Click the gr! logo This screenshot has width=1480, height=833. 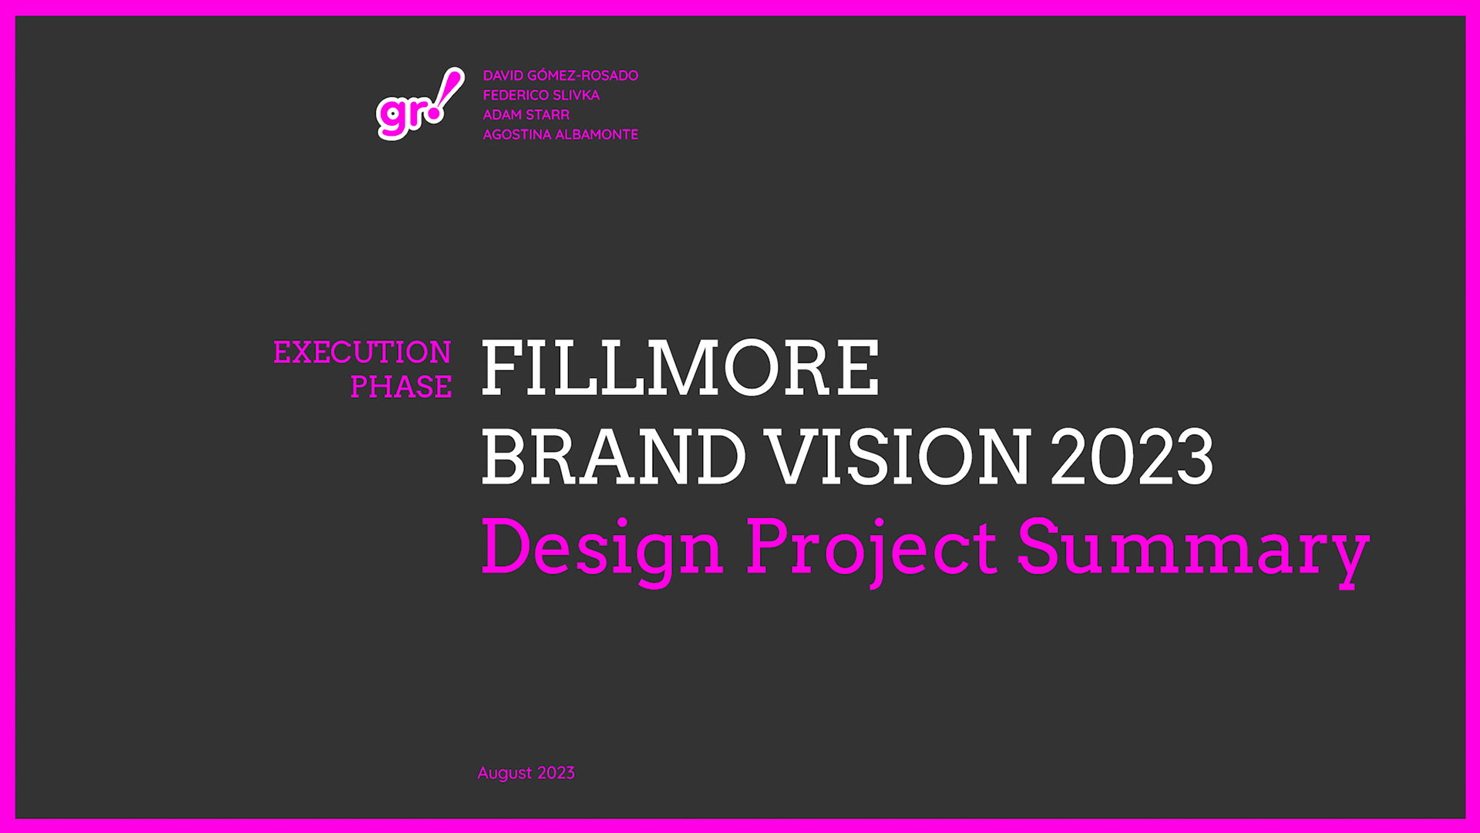pos(420,104)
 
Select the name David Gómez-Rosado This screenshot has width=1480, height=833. pos(560,76)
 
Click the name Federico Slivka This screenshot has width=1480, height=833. pos(541,95)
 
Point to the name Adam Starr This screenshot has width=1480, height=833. pos(526,115)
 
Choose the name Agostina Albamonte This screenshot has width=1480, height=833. pos(560,134)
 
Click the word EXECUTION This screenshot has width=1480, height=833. pos(362,352)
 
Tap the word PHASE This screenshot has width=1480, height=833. pos(401,386)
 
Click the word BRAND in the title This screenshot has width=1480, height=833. pos(614,457)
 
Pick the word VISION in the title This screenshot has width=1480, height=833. pos(900,457)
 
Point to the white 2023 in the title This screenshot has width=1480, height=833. pos(1132,457)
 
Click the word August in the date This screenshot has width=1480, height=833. pos(505,774)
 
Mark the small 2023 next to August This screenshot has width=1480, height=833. pos(556,773)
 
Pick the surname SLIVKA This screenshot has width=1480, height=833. pos(576,95)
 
